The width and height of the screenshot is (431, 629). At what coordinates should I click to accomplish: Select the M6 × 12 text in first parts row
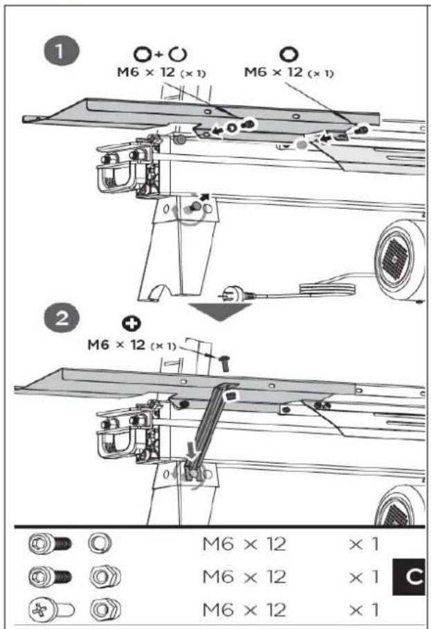pos(244,543)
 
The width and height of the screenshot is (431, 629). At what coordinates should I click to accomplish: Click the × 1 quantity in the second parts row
pos(362,576)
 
